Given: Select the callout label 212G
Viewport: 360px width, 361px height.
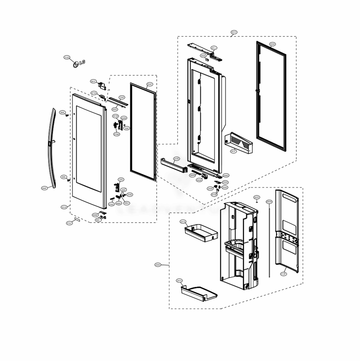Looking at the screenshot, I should click(x=67, y=58).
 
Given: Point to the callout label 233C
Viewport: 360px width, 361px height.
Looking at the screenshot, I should click(x=150, y=84).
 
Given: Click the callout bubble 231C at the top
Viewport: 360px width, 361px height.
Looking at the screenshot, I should click(x=234, y=32).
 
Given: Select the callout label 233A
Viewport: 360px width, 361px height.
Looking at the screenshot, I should click(x=272, y=44).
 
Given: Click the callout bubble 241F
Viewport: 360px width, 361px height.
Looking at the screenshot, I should click(x=233, y=152).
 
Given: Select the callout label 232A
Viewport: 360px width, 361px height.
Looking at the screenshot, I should click(x=158, y=265).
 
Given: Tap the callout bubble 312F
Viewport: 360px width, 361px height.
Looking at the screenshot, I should click(x=284, y=274).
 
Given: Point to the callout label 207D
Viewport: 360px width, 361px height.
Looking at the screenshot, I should click(x=257, y=197).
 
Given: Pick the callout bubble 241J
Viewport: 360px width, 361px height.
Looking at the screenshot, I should click(x=214, y=48).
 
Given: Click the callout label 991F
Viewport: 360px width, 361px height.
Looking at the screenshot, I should click(x=93, y=81).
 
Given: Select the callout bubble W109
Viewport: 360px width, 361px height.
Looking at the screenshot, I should click(x=214, y=194).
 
